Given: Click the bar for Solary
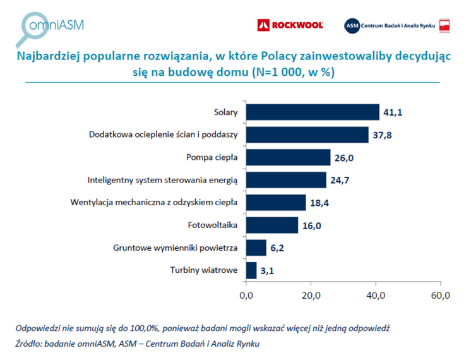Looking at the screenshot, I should pos(313,112).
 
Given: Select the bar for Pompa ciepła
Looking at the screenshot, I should pos(288,157).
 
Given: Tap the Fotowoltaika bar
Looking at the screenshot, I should pos(271,225).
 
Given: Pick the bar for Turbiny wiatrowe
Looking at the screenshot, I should pos(251,270).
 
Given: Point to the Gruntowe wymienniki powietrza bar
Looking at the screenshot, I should pos(256,248).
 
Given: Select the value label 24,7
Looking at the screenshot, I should pos(340,181).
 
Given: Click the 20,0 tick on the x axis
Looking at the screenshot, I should pos(311,294).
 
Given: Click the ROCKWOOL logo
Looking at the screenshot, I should pos(290,25).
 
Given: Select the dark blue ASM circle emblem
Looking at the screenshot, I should pos(351,25).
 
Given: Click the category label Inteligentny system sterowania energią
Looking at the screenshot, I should pos(162,181).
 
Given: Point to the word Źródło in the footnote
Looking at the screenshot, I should pos(30,344).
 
